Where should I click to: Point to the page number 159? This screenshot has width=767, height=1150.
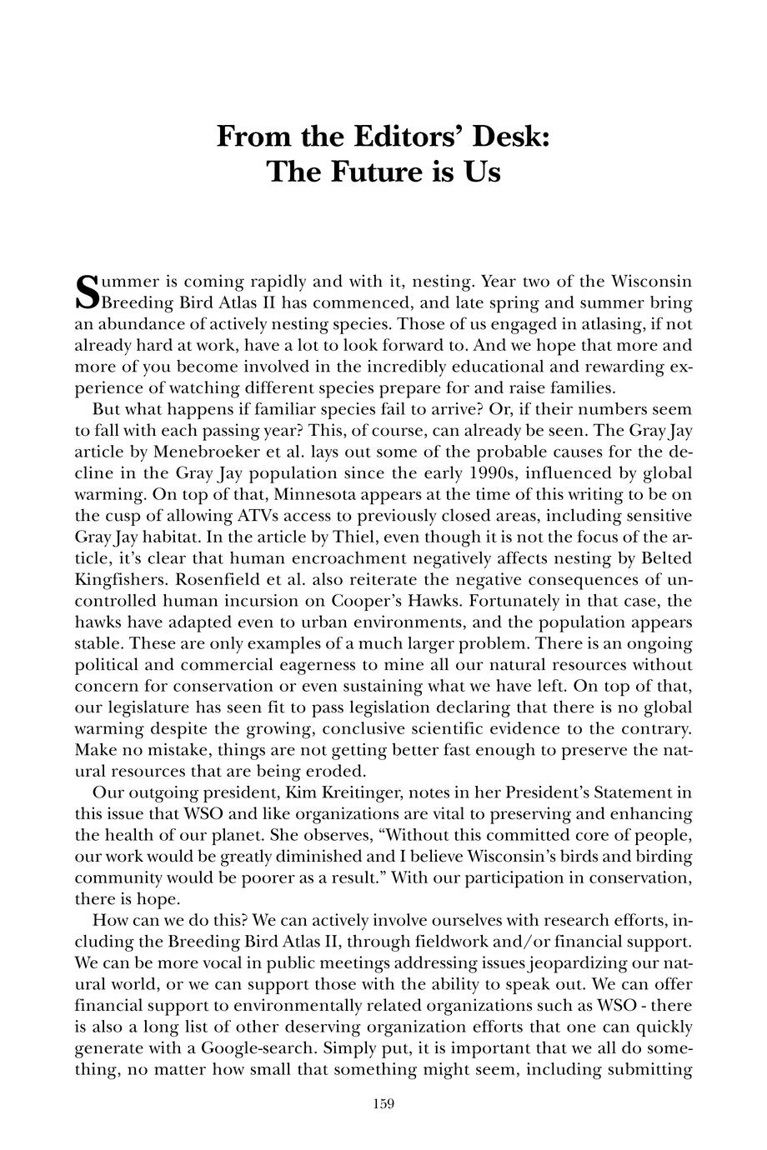point(383,1104)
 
